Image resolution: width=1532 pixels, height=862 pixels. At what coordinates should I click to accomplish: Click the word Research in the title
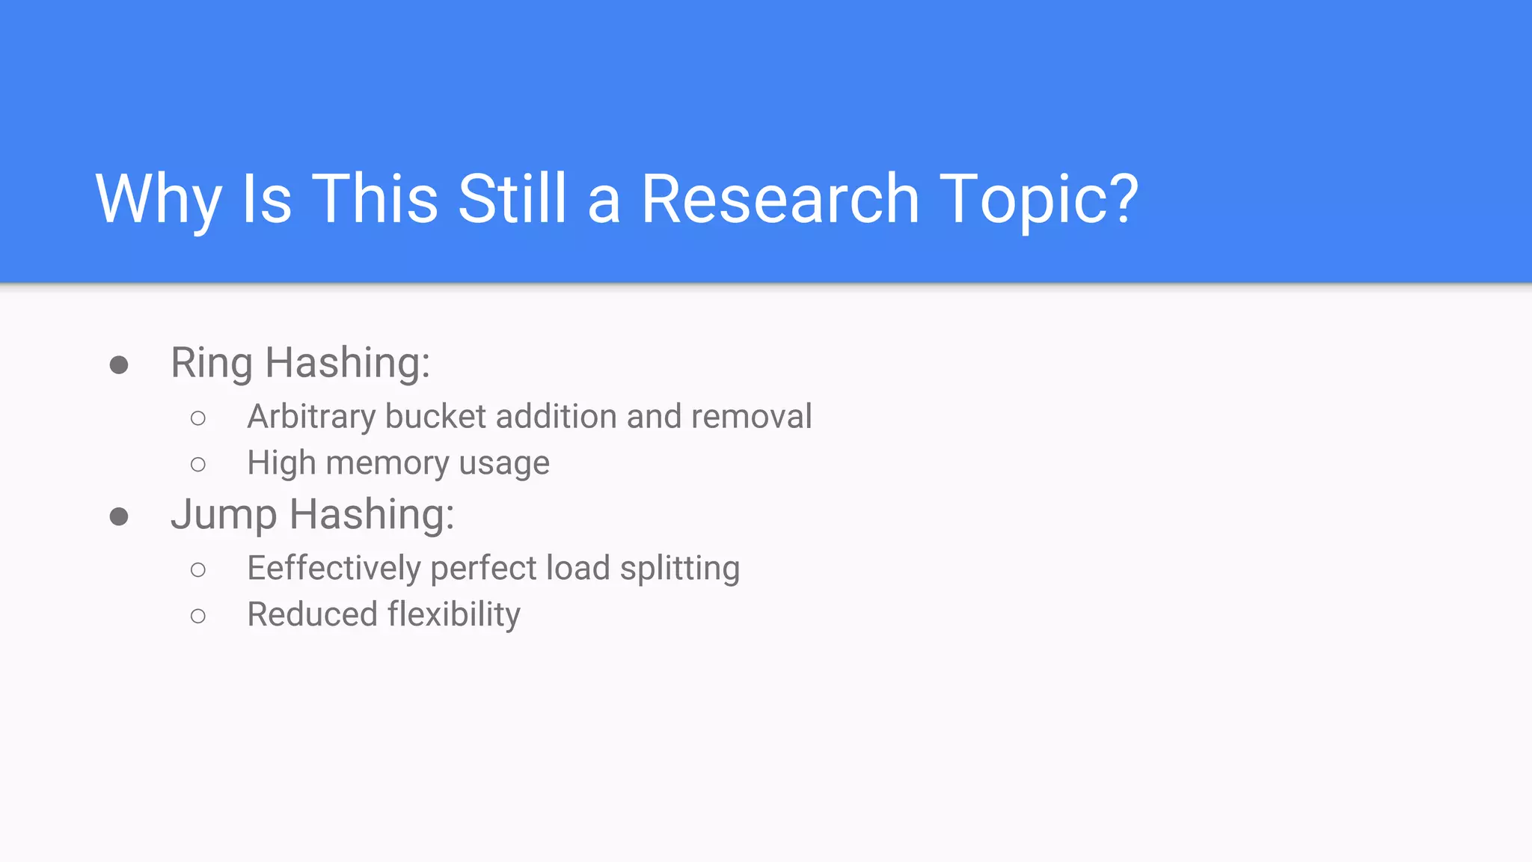(x=779, y=199)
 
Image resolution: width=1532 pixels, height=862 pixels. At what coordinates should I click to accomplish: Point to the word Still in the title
(x=512, y=199)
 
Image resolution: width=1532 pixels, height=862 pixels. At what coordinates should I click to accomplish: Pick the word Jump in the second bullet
(x=224, y=516)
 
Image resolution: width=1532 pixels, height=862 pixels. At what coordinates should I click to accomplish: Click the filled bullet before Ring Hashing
(x=119, y=365)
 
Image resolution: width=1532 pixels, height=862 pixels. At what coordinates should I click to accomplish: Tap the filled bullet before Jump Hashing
(x=119, y=516)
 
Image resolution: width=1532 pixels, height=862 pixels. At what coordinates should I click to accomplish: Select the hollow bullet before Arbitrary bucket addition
(x=198, y=418)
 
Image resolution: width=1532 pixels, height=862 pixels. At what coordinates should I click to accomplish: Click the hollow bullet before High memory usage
(x=198, y=465)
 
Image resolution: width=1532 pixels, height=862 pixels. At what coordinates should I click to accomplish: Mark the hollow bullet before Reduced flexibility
(x=198, y=617)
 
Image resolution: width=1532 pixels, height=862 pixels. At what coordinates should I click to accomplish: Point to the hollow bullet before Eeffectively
(x=198, y=570)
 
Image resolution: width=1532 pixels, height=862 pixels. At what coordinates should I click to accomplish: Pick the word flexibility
(x=453, y=615)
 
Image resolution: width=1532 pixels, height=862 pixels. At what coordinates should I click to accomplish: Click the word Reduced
(x=313, y=615)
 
